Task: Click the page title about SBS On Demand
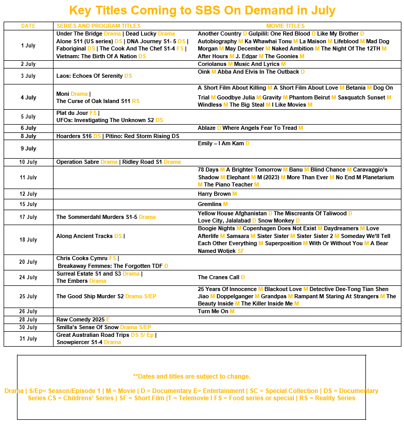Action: pos(202,10)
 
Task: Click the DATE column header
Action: pos(28,26)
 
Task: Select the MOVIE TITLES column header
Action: pos(285,26)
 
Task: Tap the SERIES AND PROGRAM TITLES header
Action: pos(98,26)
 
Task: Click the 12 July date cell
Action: pos(28,194)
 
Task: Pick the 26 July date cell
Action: pos(28,312)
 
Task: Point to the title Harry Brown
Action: pos(214,194)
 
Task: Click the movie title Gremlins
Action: pos(209,205)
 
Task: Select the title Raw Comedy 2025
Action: pos(80,320)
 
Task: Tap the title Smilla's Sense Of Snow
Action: pos(87,328)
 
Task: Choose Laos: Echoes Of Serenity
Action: pos(90,76)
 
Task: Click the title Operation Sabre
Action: pos(78,162)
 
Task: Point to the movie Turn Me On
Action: pos(213,312)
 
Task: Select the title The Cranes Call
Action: pos(218,278)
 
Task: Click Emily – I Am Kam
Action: pos(221,144)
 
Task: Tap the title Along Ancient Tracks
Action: pos(84,236)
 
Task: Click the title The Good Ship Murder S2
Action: pos(90,297)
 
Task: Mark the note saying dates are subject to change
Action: pos(191,377)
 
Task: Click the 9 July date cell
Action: pos(28,149)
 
